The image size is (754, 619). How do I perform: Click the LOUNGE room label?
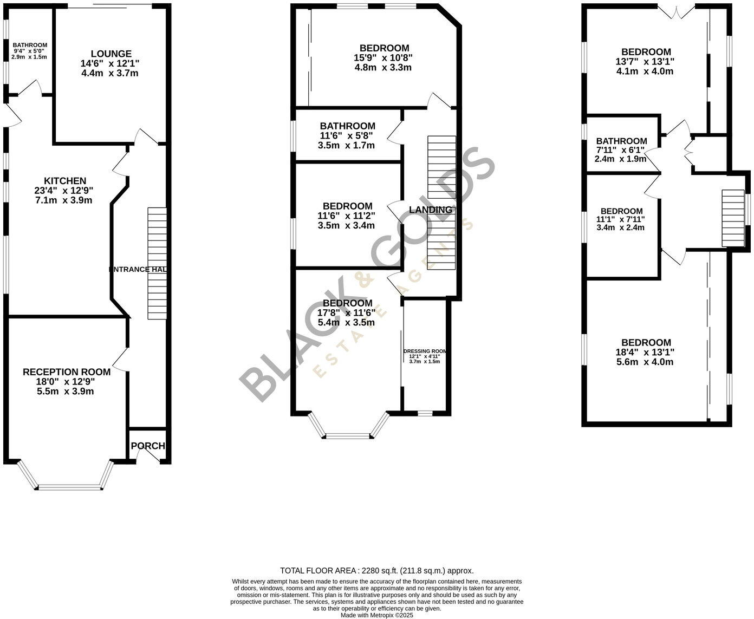pos(110,54)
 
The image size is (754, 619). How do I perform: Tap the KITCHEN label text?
pos(65,181)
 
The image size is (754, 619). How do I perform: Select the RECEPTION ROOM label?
pos(67,372)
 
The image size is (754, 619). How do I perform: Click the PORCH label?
pos(148,446)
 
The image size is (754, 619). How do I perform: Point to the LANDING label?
pos(430,210)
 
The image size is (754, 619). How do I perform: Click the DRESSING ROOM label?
pos(425,351)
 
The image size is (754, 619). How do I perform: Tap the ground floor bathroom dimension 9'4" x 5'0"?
pos(30,51)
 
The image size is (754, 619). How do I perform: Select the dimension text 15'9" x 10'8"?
pos(384,58)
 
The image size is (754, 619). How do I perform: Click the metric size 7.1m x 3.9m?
pos(64,200)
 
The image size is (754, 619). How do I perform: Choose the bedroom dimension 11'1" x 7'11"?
pos(621,219)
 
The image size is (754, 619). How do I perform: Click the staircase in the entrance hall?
pos(157,263)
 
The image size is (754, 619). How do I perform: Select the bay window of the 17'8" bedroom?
pos(348,434)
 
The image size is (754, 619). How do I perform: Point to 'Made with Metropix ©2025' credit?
pos(376,615)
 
